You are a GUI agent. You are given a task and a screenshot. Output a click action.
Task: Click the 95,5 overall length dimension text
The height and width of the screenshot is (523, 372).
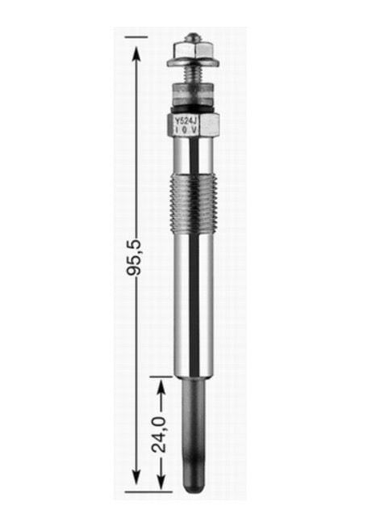tap(135, 256)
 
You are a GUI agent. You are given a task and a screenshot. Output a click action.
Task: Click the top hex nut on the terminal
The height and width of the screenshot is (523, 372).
tap(193, 49)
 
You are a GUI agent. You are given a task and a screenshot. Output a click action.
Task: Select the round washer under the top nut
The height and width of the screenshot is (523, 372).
tap(193, 63)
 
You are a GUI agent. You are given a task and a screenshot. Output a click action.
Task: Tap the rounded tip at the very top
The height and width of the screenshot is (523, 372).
tap(193, 36)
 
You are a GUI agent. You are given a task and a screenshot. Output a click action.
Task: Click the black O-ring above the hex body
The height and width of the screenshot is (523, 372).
tap(193, 109)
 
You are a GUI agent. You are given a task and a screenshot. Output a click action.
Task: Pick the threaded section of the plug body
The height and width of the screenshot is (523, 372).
tap(193, 205)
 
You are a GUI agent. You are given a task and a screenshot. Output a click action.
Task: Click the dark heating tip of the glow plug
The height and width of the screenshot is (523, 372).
tap(193, 437)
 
